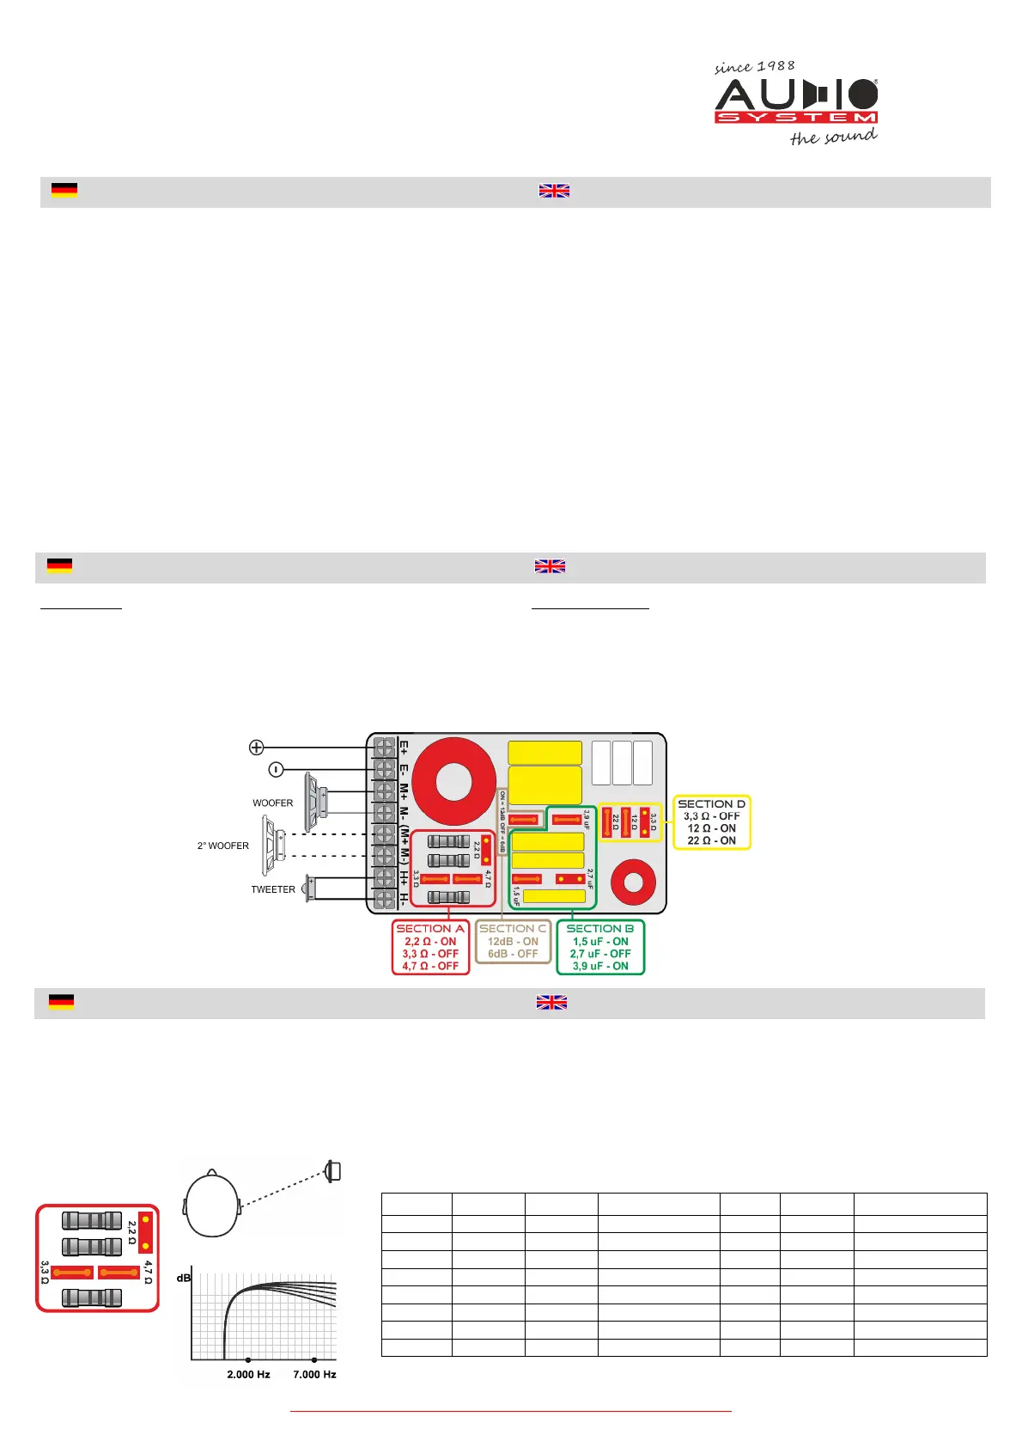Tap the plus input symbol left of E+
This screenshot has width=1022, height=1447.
click(x=256, y=747)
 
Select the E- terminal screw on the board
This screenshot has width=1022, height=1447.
click(x=384, y=769)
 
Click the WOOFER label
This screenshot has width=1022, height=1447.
click(x=272, y=803)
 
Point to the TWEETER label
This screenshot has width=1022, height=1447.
click(x=272, y=889)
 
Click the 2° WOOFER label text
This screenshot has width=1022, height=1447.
click(x=223, y=846)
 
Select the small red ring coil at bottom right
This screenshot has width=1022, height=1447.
click(x=633, y=882)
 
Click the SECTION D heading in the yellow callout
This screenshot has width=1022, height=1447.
click(x=711, y=804)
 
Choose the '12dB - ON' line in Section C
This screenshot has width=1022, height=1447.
click(x=513, y=942)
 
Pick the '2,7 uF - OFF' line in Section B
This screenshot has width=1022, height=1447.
click(x=599, y=954)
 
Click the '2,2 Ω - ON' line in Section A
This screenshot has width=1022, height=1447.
click(x=430, y=942)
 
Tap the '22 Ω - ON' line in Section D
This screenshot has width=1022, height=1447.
click(x=711, y=840)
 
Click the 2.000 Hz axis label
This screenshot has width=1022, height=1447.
click(x=248, y=1375)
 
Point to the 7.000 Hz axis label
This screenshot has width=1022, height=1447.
click(x=314, y=1375)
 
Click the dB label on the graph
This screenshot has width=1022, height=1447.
click(x=183, y=1279)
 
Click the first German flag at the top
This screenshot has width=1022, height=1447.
click(x=64, y=190)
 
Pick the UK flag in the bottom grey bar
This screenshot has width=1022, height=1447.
click(x=551, y=1003)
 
